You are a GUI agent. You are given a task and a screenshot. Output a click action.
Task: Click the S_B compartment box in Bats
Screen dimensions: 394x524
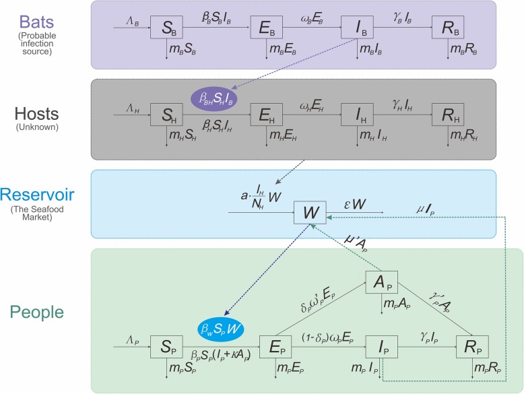pos(167,28)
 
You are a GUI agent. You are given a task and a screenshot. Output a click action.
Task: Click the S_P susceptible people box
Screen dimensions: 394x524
pos(167,346)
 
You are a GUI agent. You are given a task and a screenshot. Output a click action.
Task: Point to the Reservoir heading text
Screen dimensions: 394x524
pos(46,195)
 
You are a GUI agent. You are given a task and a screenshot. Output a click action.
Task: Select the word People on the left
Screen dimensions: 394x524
pos(46,312)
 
